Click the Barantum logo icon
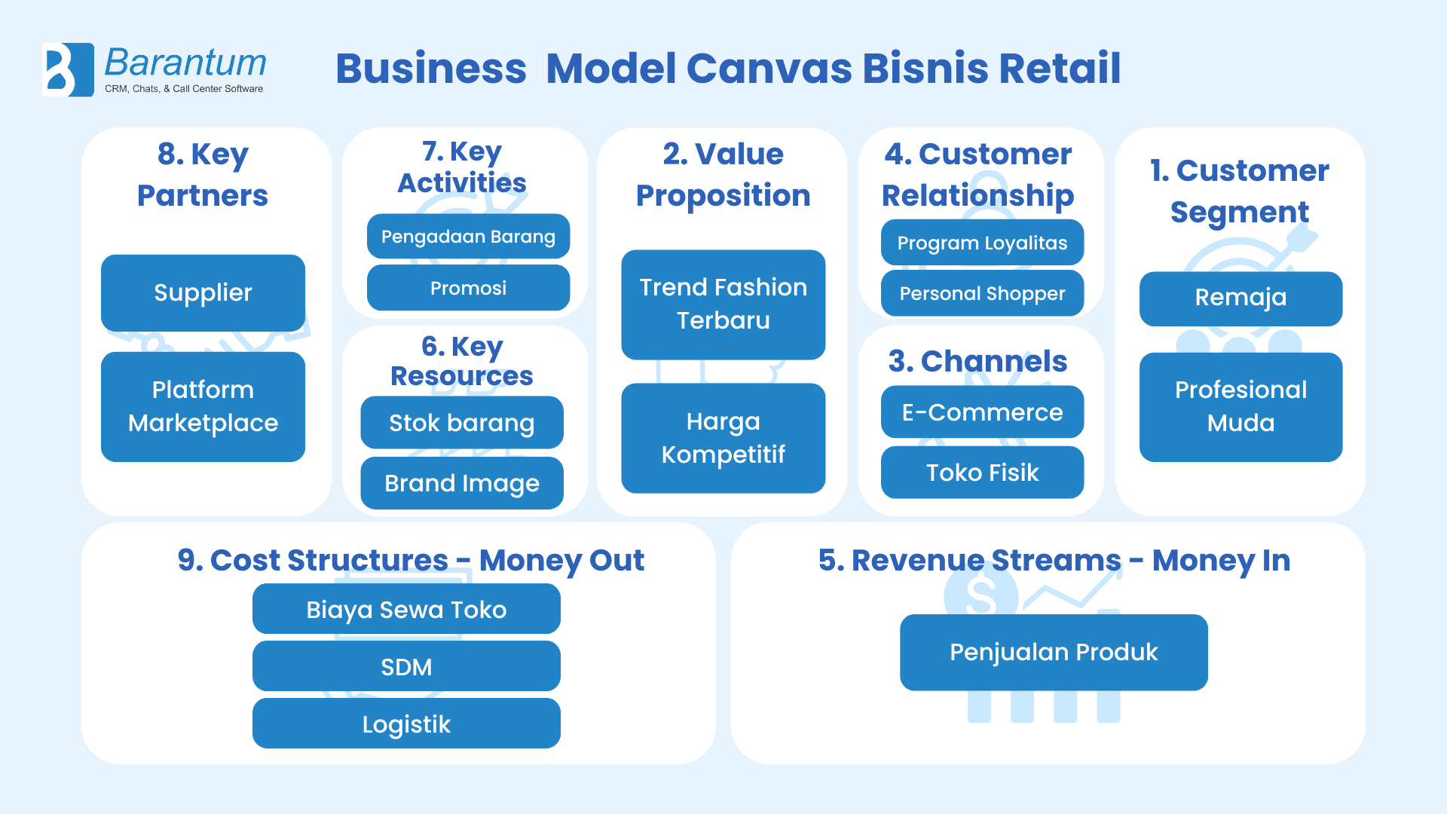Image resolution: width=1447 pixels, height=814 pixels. point(68,69)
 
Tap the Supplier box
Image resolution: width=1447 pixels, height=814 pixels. point(203,292)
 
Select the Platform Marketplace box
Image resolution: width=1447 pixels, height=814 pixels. point(203,406)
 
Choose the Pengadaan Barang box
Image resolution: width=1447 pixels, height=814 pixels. point(468,237)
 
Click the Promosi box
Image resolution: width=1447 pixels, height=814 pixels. point(468,288)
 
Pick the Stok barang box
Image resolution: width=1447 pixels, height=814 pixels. point(461,423)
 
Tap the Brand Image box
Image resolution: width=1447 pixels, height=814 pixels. point(461,483)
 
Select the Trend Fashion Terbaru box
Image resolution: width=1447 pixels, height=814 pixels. point(723,304)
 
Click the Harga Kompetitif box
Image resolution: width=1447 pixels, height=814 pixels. point(723,438)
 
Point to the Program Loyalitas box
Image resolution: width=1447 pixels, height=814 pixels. point(982,243)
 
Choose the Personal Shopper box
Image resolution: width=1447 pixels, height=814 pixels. point(982,293)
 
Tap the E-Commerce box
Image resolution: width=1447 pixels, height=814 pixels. point(982,412)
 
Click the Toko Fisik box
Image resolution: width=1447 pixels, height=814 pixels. point(982,473)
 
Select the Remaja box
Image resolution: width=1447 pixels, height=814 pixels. point(1241,298)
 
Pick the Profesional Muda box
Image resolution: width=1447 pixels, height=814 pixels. point(1241,407)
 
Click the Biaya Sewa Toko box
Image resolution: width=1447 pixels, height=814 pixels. point(406,609)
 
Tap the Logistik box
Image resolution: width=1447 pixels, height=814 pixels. point(406,724)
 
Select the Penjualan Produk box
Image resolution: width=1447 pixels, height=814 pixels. point(1054,652)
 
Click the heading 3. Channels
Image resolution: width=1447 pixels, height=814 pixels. point(977,362)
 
